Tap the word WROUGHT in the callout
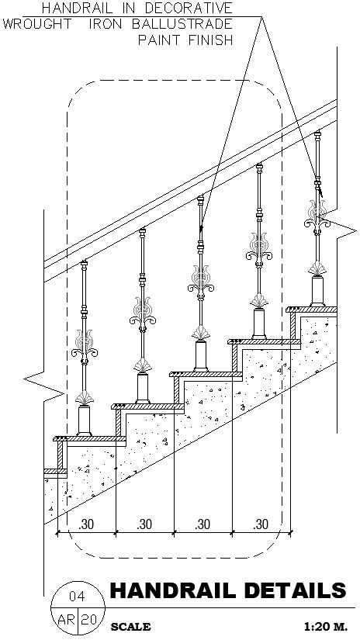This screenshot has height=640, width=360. point(36,24)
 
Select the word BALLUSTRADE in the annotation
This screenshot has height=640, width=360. point(182,24)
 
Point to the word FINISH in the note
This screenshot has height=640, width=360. point(210,40)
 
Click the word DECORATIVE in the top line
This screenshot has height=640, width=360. point(189,8)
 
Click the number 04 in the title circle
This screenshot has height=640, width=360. point(77,597)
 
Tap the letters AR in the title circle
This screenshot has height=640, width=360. point(66,620)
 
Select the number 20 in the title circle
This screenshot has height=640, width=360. point(88,620)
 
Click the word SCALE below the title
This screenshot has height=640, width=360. point(130,627)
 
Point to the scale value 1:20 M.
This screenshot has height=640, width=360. point(325,626)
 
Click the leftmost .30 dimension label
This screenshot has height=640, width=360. point(85,524)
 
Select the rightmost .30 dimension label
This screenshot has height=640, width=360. point(260,524)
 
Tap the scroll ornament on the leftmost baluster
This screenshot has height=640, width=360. point(84,347)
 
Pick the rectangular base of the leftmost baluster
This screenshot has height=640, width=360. point(84,420)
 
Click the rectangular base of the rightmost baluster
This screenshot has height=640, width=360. point(317,291)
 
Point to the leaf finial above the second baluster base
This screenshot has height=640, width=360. point(143,365)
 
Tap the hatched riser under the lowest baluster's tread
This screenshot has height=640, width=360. point(61,455)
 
